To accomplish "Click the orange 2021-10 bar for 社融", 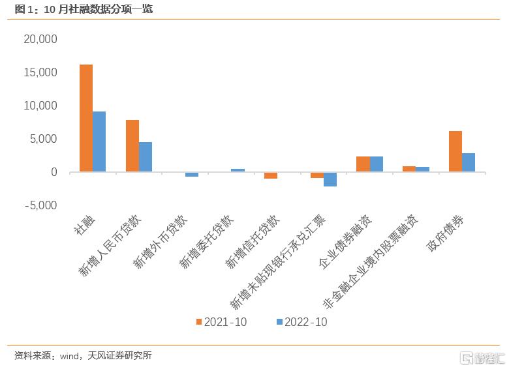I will click(x=85, y=118).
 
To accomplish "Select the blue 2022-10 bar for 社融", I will click(x=99, y=141).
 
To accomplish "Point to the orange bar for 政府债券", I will click(x=455, y=151).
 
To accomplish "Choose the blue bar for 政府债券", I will click(x=469, y=162).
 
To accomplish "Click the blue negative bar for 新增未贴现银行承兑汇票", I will click(x=330, y=179).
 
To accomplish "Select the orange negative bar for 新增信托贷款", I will click(x=271, y=175).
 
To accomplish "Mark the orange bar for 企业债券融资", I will click(x=363, y=164).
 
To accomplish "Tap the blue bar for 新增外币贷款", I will click(x=192, y=174).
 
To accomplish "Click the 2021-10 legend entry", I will click(x=222, y=322).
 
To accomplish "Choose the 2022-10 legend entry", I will click(x=302, y=322).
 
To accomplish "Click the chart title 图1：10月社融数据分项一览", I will click(x=84, y=9).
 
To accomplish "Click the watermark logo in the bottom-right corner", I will click(x=483, y=357).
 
